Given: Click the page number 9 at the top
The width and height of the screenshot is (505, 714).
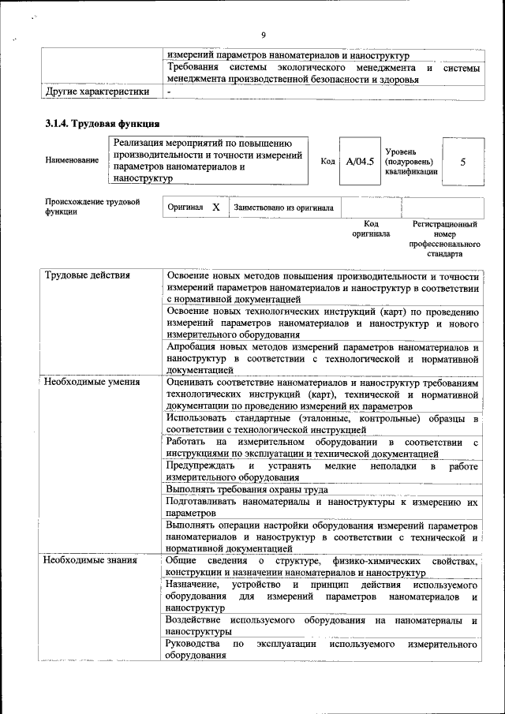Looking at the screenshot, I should [x=263, y=35].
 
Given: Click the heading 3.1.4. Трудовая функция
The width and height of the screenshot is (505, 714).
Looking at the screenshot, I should [x=102, y=124].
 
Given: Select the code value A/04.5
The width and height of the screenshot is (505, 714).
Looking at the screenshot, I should [x=360, y=161].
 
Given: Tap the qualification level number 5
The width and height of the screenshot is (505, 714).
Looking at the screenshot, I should [x=462, y=161].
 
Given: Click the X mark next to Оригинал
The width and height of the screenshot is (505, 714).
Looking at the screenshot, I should [x=215, y=207].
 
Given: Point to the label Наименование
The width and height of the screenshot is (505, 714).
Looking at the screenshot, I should [x=72, y=161].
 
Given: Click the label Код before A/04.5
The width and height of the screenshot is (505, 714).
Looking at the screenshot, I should [x=327, y=161].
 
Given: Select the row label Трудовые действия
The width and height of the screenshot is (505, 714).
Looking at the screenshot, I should [x=87, y=275].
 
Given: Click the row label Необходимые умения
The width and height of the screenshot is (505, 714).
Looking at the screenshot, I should [x=92, y=382].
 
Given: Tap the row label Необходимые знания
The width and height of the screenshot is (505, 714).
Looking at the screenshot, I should [x=90, y=561].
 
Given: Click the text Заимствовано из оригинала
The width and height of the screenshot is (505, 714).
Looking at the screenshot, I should [x=283, y=207].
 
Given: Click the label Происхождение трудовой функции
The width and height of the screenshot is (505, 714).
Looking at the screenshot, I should [x=92, y=207].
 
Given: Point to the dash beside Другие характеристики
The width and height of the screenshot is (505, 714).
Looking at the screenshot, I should [x=169, y=92].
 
